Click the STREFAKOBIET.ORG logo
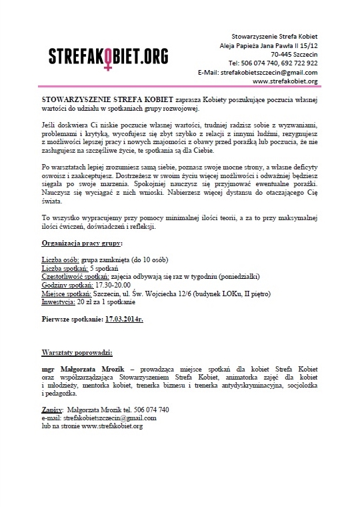pyautogui.click(x=107, y=55)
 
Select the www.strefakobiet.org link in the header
pyautogui.click(x=285, y=81)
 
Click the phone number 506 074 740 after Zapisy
pyautogui.click(x=145, y=409)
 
